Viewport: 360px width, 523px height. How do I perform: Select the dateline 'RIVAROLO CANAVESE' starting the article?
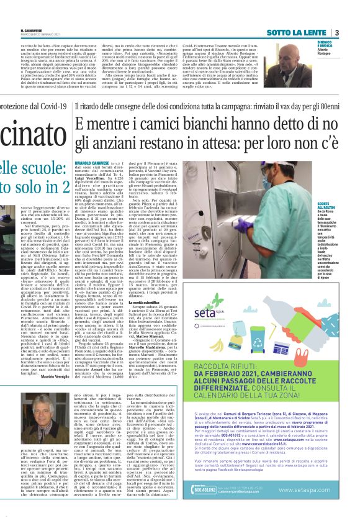click(x=92, y=163)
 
